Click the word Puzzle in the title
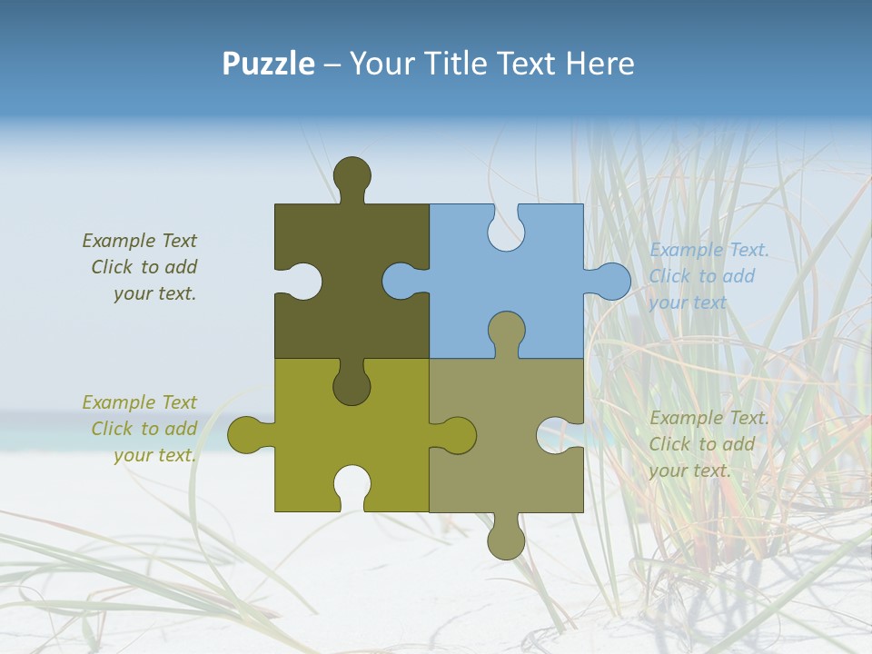(x=268, y=64)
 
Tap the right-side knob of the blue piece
(x=611, y=282)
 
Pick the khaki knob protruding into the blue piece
(x=506, y=332)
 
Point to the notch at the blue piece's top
(x=506, y=228)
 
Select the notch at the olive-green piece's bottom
(x=352, y=486)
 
